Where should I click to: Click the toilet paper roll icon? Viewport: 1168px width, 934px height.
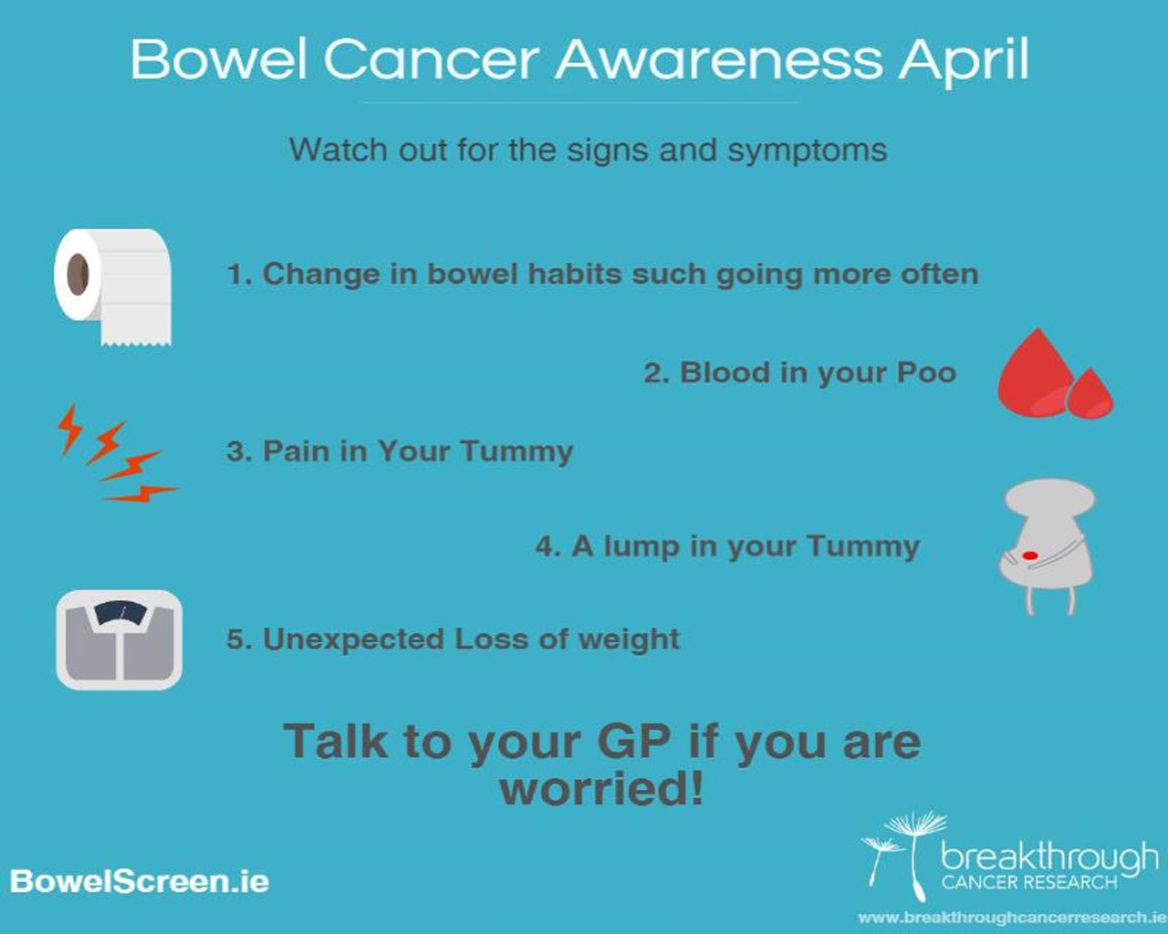pos(113,286)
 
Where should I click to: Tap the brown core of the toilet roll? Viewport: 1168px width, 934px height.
pos(78,274)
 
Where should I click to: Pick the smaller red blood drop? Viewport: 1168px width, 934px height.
pos(1090,394)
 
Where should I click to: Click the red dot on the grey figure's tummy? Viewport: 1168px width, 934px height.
pos(1029,555)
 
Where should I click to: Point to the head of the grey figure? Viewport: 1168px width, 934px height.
pos(1049,496)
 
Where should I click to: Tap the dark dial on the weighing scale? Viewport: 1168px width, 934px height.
pos(120,613)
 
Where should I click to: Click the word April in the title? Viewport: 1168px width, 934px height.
pos(964,60)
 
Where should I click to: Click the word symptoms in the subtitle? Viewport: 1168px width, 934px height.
pos(807,150)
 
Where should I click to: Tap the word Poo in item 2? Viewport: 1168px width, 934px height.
pos(926,373)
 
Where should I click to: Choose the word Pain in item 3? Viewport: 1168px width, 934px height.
pos(296,451)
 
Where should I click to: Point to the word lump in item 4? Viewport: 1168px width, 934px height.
pos(641,547)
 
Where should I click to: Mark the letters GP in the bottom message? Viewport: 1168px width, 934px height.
pos(633,742)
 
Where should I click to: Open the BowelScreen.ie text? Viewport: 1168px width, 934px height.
pos(140,880)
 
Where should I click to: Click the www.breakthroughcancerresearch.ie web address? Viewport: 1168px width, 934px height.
pos(1013,918)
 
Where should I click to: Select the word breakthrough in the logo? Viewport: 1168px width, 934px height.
pos(1049,857)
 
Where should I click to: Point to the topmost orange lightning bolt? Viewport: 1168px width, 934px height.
pos(69,429)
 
